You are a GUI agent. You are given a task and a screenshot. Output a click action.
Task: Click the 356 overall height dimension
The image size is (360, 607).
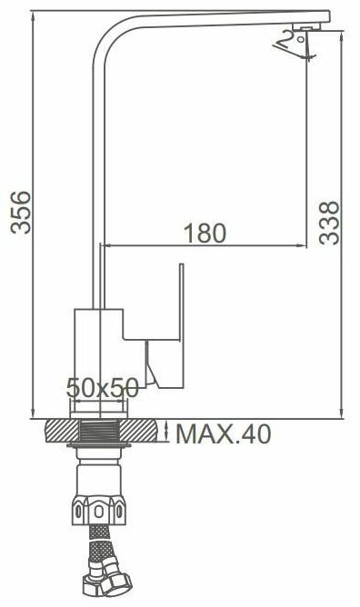pos(21,212)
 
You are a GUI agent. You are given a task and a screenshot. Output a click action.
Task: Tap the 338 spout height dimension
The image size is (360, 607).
pos(329,223)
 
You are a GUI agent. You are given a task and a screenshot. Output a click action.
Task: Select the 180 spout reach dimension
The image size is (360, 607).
pos(205,234)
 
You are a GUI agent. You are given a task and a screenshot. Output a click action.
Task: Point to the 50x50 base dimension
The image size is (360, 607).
pos(102,388)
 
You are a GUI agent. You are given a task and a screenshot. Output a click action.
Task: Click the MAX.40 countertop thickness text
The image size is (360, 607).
pos(224,434)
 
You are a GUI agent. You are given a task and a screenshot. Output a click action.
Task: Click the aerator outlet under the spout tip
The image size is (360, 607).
pos(305,26)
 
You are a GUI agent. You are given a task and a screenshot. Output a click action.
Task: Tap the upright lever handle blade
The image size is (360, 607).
pos(181,302)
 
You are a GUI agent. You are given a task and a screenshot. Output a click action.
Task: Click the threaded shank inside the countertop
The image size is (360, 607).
pos(99,431)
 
